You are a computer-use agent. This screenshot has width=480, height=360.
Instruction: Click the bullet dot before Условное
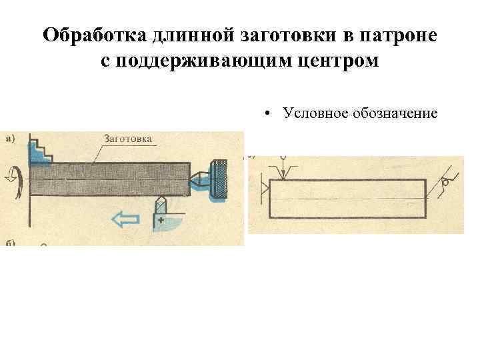pyautogui.click(x=265, y=113)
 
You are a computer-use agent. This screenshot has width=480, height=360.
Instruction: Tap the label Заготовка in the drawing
pyautogui.click(x=128, y=139)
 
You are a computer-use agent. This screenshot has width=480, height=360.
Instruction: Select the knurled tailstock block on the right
pyautogui.click(x=218, y=179)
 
